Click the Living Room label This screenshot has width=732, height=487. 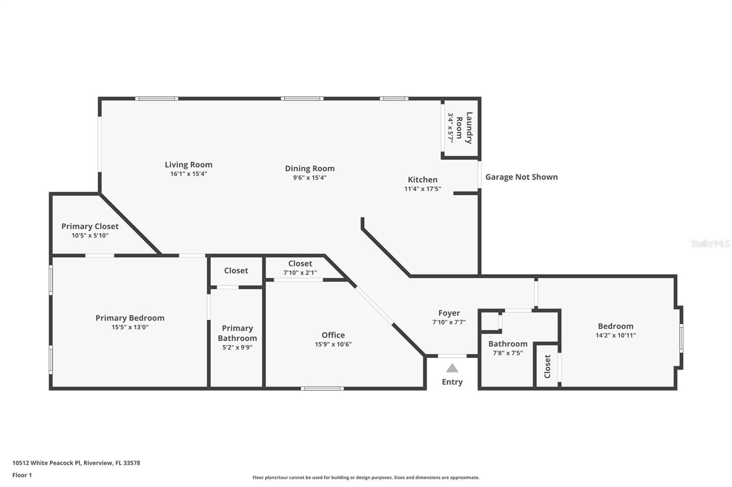pyautogui.click(x=188, y=165)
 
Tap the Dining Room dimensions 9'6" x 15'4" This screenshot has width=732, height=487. pyautogui.click(x=310, y=178)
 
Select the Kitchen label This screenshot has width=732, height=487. pyautogui.click(x=423, y=180)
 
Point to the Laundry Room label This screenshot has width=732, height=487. pyautogui.click(x=464, y=128)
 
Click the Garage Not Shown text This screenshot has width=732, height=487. pyautogui.click(x=522, y=177)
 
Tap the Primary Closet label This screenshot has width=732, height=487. pyautogui.click(x=90, y=227)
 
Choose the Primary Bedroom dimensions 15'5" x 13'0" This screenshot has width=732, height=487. pyautogui.click(x=130, y=327)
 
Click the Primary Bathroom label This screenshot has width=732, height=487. pyautogui.click(x=237, y=333)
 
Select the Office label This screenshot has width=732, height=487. pyautogui.click(x=333, y=335)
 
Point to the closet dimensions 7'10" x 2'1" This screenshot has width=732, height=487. pyautogui.click(x=300, y=273)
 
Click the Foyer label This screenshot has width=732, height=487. pyautogui.click(x=449, y=313)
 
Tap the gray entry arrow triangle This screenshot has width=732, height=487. pyautogui.click(x=452, y=368)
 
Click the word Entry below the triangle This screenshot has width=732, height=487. pyautogui.click(x=452, y=382)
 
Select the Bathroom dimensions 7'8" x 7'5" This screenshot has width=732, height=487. pyautogui.click(x=508, y=353)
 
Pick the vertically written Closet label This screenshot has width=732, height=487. pyautogui.click(x=547, y=366)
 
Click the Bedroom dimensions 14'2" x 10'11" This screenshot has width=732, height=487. pyautogui.click(x=616, y=335)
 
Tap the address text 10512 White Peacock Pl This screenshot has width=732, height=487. pyautogui.click(x=47, y=463)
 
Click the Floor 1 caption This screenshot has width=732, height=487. pyautogui.click(x=22, y=475)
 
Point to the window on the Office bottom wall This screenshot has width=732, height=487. pyautogui.click(x=322, y=388)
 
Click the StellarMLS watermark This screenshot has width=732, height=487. pyautogui.click(x=710, y=243)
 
